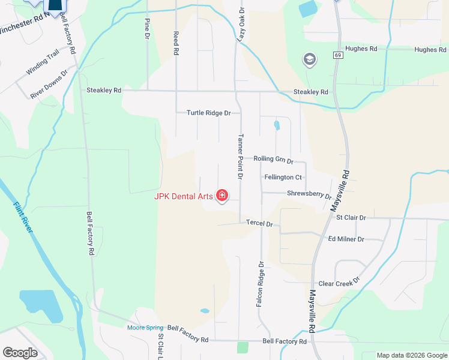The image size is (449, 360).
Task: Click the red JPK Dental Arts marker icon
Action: (x=222, y=196)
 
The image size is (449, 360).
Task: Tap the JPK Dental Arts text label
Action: (x=184, y=196)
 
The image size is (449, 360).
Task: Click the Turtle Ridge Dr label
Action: (x=209, y=113)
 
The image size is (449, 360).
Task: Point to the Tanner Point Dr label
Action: (x=241, y=157)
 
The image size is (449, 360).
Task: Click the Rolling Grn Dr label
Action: (x=273, y=160)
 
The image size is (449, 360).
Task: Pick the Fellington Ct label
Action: (x=283, y=178)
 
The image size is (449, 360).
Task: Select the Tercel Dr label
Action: (x=259, y=224)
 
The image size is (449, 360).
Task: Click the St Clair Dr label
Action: (x=351, y=218)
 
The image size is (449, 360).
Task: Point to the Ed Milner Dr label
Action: (x=346, y=239)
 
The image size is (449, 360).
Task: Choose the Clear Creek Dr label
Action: (x=339, y=283)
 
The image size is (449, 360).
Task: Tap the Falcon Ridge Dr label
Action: (x=260, y=284)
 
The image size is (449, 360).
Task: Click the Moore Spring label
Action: (x=145, y=328)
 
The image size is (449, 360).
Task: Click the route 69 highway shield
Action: (x=339, y=55)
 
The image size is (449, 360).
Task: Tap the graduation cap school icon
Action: (x=310, y=59)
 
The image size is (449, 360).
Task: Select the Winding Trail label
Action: (x=43, y=64)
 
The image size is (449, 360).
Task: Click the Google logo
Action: (x=20, y=352)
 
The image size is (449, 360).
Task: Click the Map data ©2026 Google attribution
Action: (x=411, y=355)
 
